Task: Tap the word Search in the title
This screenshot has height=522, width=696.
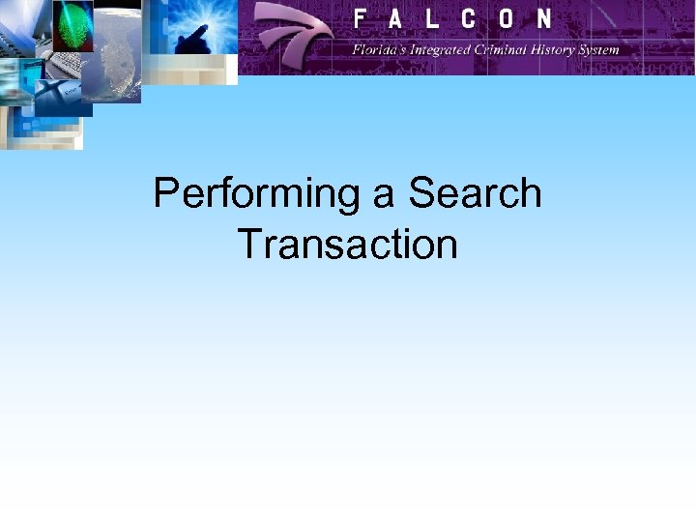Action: point(475,193)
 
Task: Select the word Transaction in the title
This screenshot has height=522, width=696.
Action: point(347,244)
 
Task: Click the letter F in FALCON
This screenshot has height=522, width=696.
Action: point(360,18)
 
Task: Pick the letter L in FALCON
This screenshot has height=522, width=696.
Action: point(434,18)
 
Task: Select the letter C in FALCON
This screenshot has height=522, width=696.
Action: point(471,18)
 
